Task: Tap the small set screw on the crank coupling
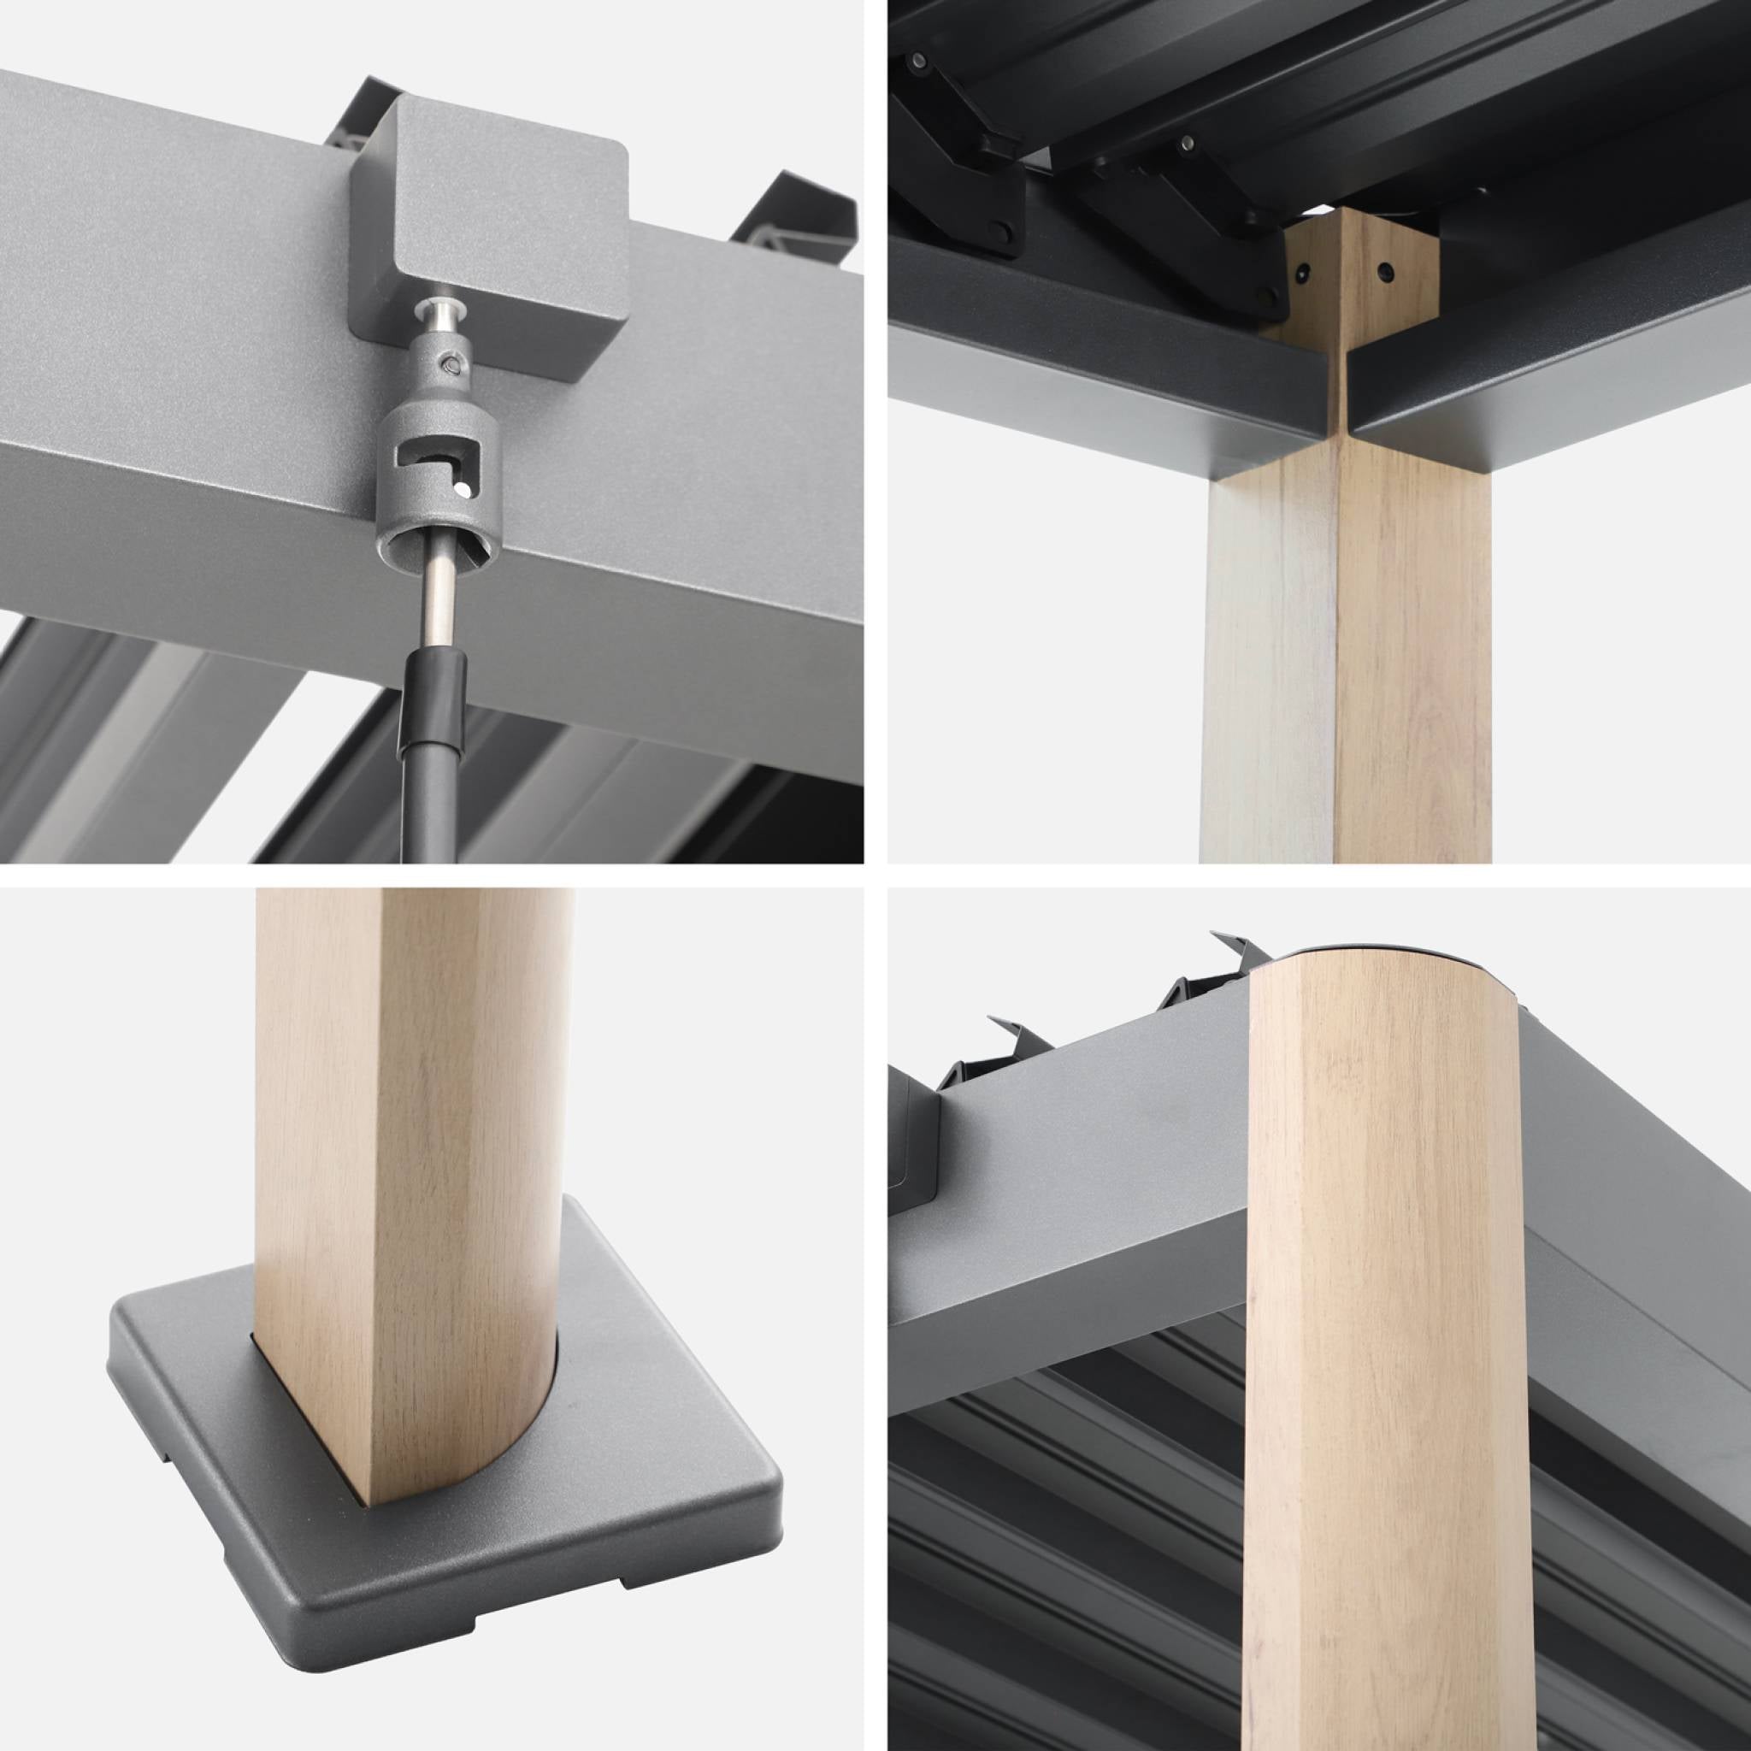click(x=451, y=363)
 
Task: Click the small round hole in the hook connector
click(x=464, y=490)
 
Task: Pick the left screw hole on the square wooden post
click(x=1303, y=270)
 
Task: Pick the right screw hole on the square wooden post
click(x=1386, y=271)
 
